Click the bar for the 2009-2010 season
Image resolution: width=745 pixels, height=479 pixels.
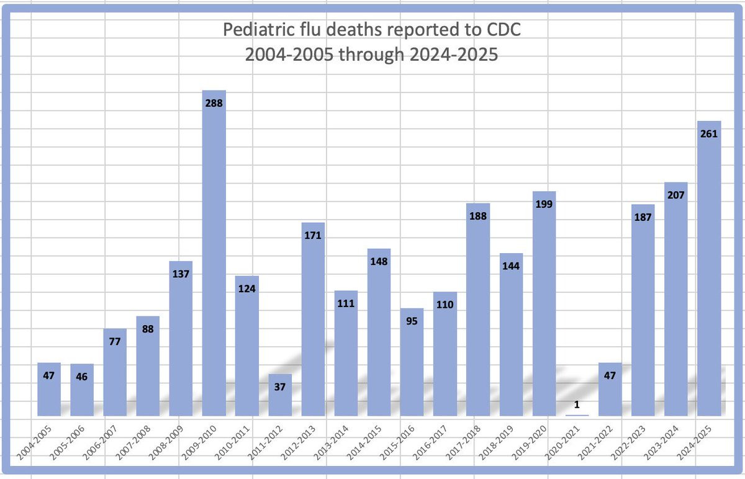tap(214, 261)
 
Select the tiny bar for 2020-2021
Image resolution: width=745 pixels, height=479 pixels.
tap(577, 414)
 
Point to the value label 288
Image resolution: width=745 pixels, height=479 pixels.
tap(214, 104)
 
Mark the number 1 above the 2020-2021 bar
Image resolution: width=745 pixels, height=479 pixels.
tap(577, 405)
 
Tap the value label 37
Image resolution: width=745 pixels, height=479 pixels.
tap(280, 387)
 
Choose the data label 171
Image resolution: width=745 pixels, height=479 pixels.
tap(313, 235)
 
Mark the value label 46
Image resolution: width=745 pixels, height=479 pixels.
tap(82, 376)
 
